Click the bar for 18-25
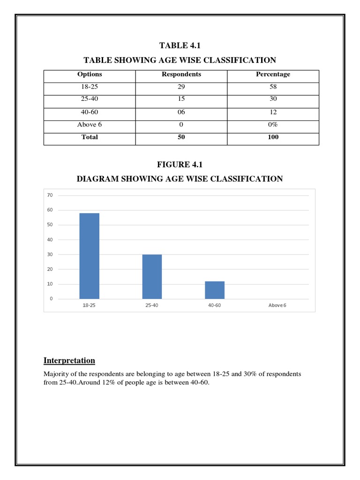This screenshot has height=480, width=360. coord(89,256)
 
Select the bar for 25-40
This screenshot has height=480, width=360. coord(152,277)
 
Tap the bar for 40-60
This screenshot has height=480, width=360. coord(215,290)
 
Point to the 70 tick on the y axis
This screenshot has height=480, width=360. coord(50,195)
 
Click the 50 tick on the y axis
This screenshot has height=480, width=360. coord(50,225)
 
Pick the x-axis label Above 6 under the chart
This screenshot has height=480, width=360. coord(277,305)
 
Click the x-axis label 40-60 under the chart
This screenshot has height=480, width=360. coord(215,305)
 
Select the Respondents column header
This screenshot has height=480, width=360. coord(181,74)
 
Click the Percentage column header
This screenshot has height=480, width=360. coord(273,74)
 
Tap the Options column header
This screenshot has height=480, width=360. coord(90,74)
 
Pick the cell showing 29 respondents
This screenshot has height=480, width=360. coord(181,87)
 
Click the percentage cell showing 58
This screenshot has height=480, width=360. coord(273,87)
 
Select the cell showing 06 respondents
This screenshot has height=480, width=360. coord(181,112)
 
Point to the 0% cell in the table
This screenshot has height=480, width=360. coord(273,125)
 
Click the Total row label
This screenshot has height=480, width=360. coord(90,137)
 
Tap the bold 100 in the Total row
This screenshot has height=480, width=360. coord(273,137)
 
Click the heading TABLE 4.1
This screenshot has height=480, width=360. coord(180,45)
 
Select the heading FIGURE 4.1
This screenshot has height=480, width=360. coord(180,164)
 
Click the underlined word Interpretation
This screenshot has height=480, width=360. coord(69,360)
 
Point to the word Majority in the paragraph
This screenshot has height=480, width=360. coord(57,374)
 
